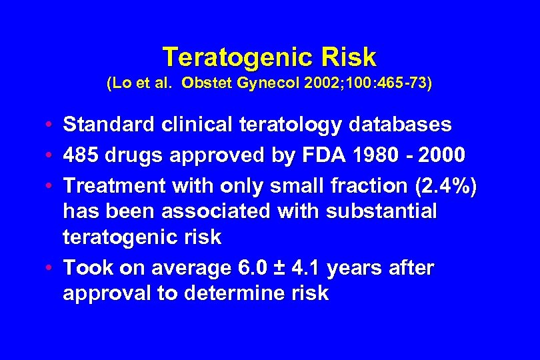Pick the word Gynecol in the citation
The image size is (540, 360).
tap(261, 85)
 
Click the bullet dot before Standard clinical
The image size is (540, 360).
tap(51, 125)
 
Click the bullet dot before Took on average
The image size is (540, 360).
tap(51, 269)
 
